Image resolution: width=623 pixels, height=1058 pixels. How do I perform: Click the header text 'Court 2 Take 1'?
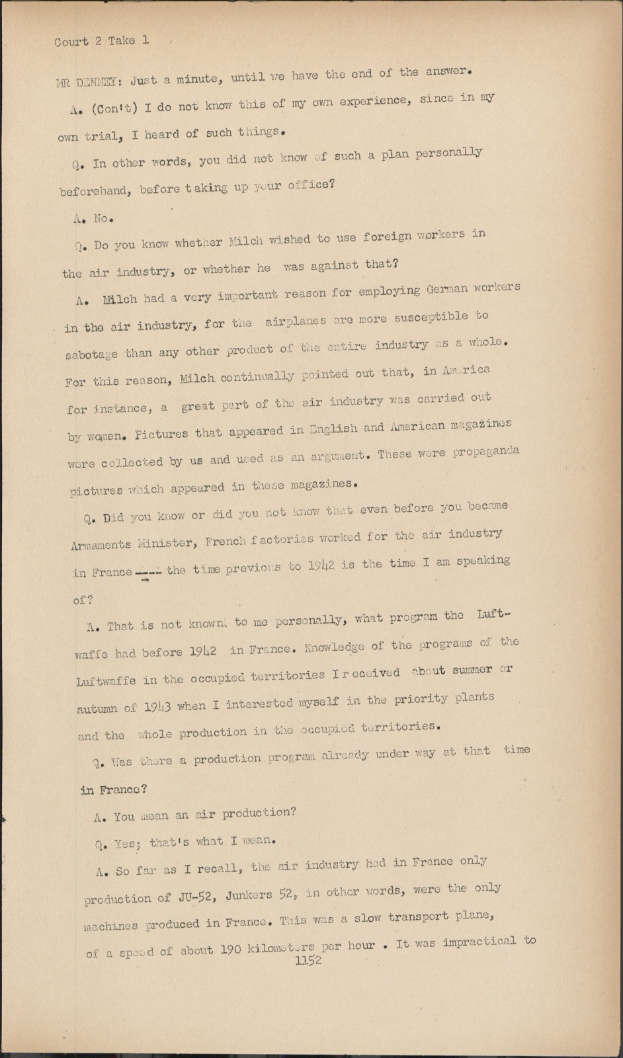click(101, 41)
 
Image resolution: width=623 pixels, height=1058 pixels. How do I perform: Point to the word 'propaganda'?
click(488, 452)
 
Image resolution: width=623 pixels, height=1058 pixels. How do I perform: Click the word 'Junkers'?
click(249, 895)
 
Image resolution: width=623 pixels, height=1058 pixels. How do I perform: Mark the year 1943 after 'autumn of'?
click(157, 706)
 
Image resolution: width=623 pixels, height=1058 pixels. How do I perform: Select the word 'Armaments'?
click(101, 545)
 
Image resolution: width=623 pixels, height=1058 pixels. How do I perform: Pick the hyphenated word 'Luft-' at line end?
click(493, 615)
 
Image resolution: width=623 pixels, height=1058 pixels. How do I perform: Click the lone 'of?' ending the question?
click(83, 600)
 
